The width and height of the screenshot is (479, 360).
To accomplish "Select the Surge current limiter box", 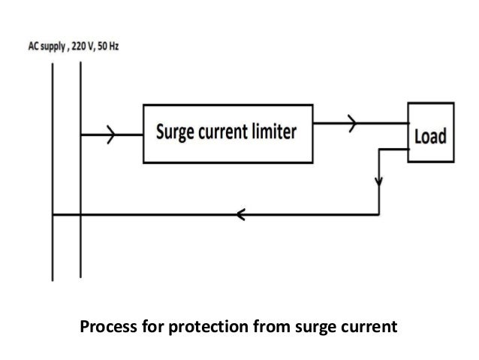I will pos(226,134).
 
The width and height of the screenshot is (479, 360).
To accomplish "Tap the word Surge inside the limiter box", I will pos(176,134).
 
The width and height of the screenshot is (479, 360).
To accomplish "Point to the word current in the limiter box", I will pos(223,134).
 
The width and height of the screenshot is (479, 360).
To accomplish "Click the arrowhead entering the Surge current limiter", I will pos(112,135).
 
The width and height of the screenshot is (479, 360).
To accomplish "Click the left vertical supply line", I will pos(52,173).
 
